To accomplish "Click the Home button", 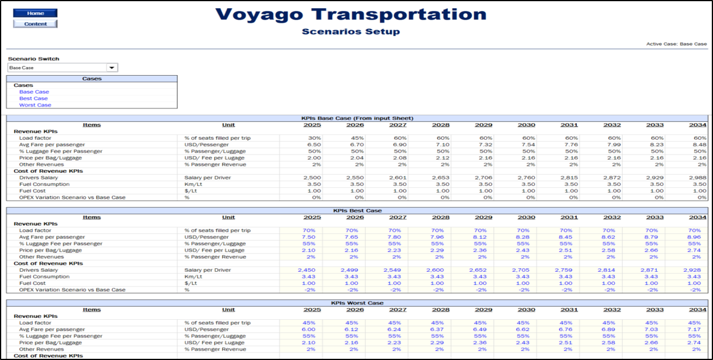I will [x=35, y=13].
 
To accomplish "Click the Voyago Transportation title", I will [x=351, y=14].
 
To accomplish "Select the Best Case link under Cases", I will [x=33, y=98].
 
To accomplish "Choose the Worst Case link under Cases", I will [x=35, y=105].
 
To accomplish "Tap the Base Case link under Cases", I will [x=34, y=92].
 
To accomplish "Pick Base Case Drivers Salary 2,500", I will [x=312, y=177].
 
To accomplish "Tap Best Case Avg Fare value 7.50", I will [x=313, y=237].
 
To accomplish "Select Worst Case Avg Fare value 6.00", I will [x=313, y=329].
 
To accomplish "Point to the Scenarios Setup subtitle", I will [x=351, y=31].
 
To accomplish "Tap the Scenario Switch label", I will [x=33, y=59].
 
